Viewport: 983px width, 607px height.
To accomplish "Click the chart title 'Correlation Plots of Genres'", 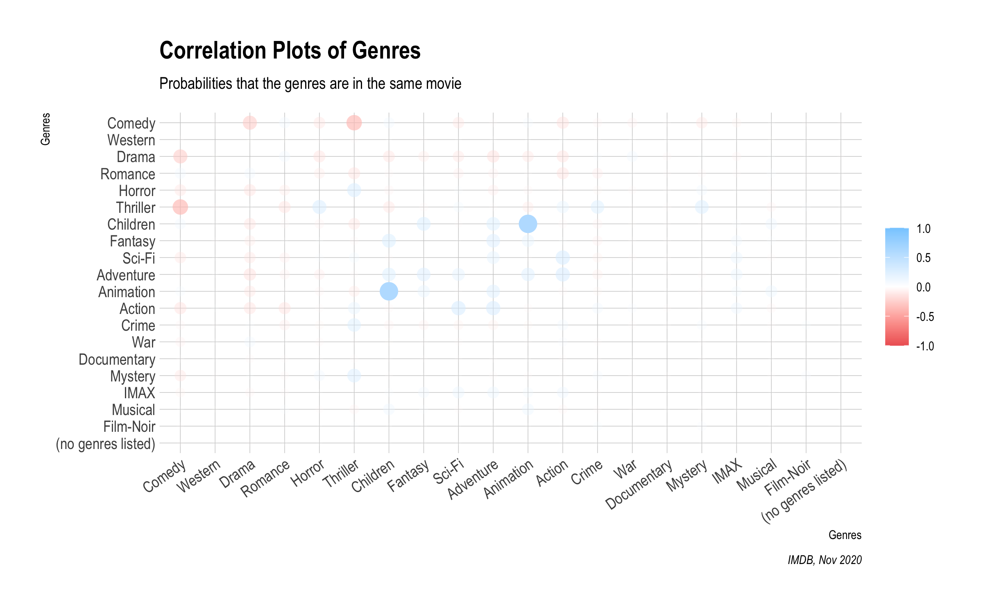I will pyautogui.click(x=290, y=51).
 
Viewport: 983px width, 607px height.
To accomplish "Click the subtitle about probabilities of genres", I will pyautogui.click(x=310, y=84).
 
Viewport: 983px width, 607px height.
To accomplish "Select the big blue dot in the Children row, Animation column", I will pyautogui.click(x=528, y=224).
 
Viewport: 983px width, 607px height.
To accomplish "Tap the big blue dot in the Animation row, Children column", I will pyautogui.click(x=389, y=291).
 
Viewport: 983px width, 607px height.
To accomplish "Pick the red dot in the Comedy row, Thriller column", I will pyautogui.click(x=354, y=123).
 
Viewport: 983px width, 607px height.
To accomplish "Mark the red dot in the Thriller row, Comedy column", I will pyautogui.click(x=180, y=207).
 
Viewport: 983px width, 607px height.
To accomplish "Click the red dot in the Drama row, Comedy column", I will pyautogui.click(x=180, y=156).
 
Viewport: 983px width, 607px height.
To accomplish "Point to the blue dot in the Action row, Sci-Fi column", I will pyautogui.click(x=458, y=308).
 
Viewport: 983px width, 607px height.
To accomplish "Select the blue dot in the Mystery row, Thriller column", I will pyautogui.click(x=354, y=376).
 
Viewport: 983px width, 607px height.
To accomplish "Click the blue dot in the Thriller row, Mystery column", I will pyautogui.click(x=702, y=207).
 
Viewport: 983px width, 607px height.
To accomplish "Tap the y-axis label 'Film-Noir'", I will pyautogui.click(x=129, y=427).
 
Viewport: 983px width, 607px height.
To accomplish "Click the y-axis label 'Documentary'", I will pyautogui.click(x=117, y=360).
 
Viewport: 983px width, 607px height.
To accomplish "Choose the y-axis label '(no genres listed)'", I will pyautogui.click(x=105, y=444).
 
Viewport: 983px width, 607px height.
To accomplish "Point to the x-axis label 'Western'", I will pyautogui.click(x=199, y=476).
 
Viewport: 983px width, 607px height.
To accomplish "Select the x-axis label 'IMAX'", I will pyautogui.click(x=727, y=471).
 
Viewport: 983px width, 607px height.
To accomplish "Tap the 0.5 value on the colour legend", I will pyautogui.click(x=923, y=258).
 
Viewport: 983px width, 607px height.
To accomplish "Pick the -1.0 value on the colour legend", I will pyautogui.click(x=925, y=346).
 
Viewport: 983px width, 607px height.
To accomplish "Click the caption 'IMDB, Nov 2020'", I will pyautogui.click(x=824, y=560).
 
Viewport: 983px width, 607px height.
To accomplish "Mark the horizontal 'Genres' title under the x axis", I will pyautogui.click(x=845, y=535).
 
